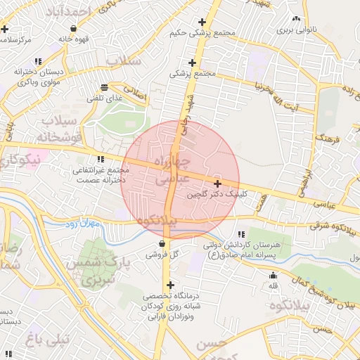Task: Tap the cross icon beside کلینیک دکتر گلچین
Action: coord(218,183)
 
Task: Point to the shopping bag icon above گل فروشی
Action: coord(162,244)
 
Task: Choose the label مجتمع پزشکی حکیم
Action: coord(200,32)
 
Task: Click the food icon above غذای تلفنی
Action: coord(105,88)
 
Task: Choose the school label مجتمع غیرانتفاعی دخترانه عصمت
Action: coord(103,174)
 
